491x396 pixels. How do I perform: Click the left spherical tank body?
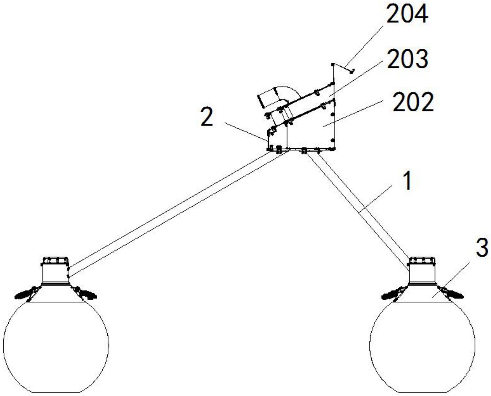tap(56, 346)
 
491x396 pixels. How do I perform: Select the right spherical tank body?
tap(422, 346)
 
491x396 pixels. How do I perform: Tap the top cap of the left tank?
tap(55, 261)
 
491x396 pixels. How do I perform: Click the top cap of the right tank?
tap(422, 261)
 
